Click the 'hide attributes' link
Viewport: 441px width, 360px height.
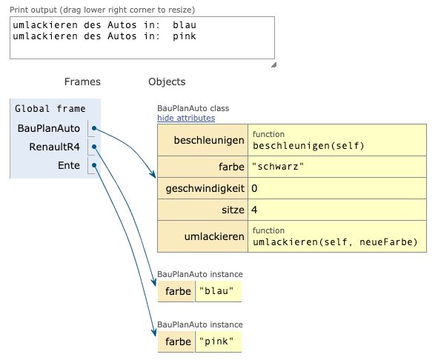[x=186, y=118]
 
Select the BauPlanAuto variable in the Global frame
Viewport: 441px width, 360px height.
[x=48, y=128]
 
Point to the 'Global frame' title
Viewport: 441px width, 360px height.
[x=50, y=109]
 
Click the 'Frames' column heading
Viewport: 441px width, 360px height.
[x=82, y=81]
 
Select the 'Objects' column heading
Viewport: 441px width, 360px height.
[x=167, y=81]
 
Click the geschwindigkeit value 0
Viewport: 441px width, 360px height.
[x=255, y=188]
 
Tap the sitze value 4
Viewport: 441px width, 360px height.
[x=255, y=210]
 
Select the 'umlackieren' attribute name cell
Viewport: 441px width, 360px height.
[x=214, y=236]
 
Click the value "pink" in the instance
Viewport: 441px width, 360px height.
[x=219, y=341]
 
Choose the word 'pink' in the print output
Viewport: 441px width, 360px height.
[x=185, y=36]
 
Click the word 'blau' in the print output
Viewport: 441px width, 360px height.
[x=185, y=25]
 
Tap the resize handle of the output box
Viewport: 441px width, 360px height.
[x=273, y=64]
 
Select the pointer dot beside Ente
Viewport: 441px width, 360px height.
[x=94, y=165]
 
